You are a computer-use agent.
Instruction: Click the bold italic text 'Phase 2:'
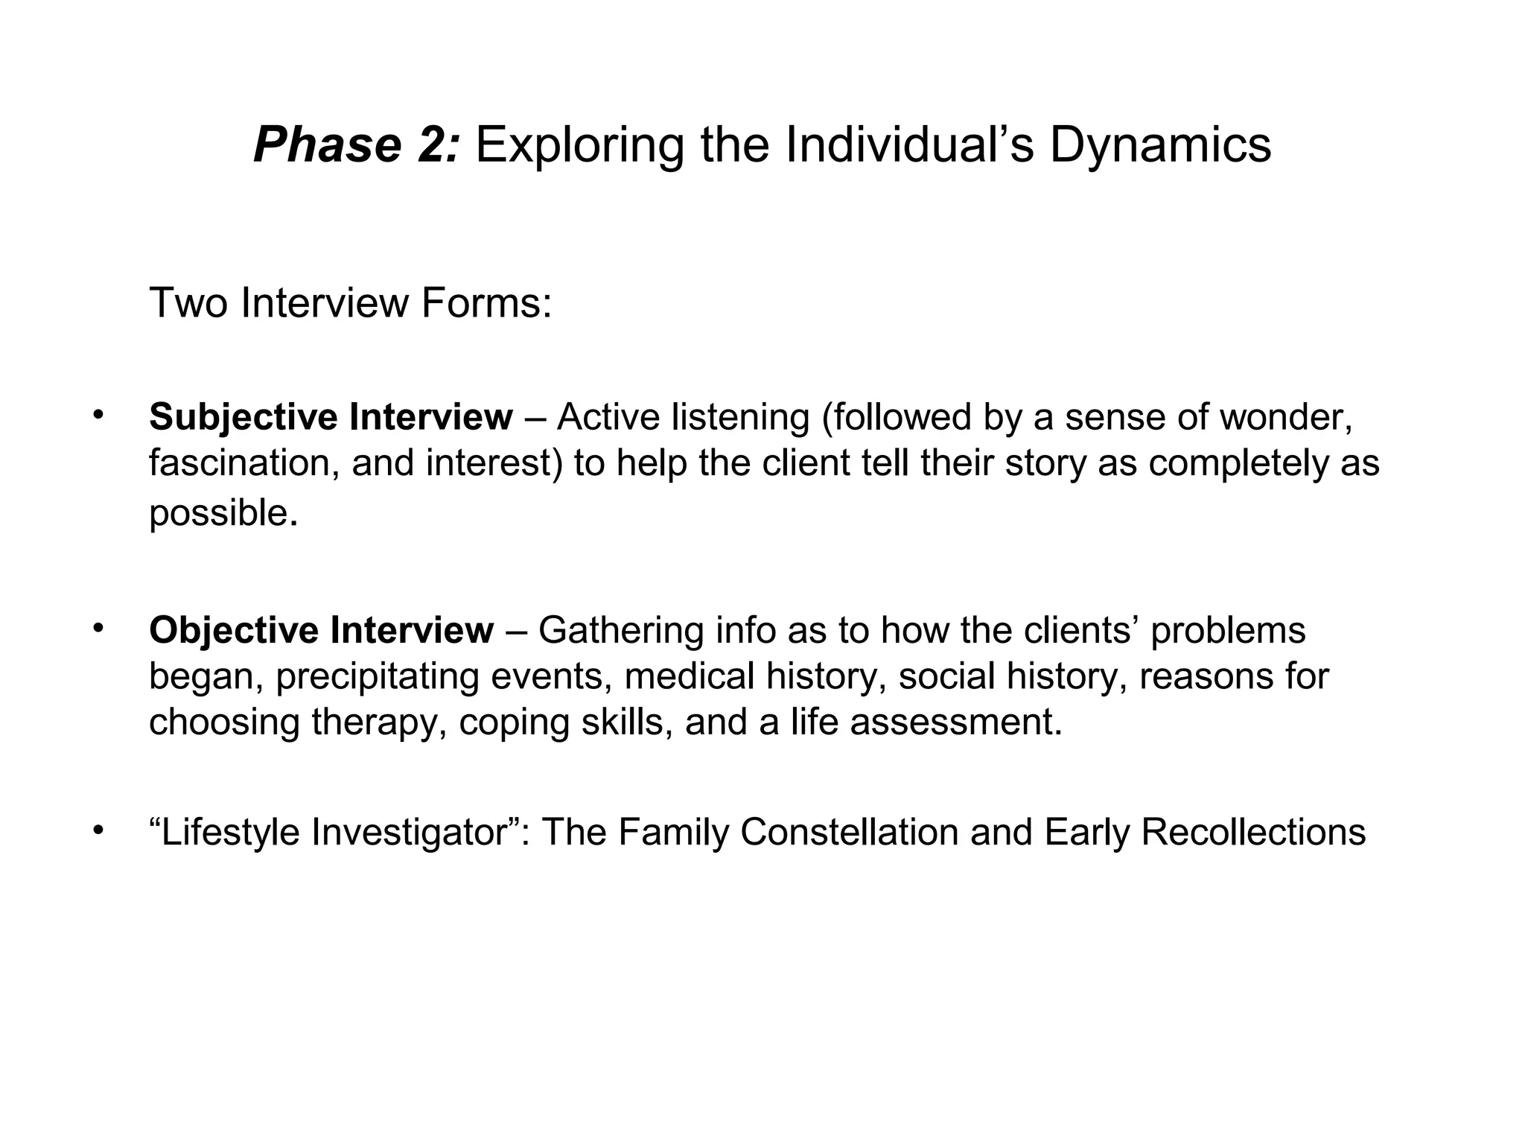coord(358,145)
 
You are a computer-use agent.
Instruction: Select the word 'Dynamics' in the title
coord(1160,145)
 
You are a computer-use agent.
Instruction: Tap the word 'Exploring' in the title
coord(579,145)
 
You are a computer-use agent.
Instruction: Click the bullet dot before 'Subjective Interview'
coord(97,414)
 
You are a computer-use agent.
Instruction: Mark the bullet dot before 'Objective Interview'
coord(97,627)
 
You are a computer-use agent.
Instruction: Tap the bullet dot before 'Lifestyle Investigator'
coord(97,829)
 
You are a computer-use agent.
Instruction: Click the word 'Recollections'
coord(1253,832)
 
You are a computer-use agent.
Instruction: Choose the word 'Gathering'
coord(620,630)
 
